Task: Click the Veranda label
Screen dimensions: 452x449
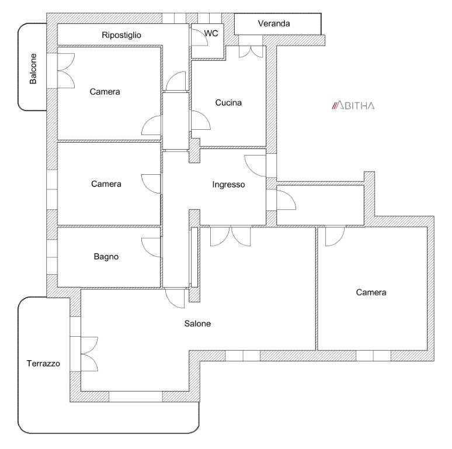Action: coord(273,23)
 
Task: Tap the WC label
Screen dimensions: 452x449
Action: coord(211,33)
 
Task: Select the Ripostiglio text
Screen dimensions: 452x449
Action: coord(121,35)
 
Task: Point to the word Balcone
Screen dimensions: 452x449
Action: coord(33,68)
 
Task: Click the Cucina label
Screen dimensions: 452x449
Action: coord(228,103)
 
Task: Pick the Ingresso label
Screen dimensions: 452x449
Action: coord(228,184)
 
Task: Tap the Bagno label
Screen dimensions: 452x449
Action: coord(106,257)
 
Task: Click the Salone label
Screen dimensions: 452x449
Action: coord(197,323)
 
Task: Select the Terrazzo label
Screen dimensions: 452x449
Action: coord(43,363)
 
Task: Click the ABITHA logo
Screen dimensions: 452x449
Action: coord(353,106)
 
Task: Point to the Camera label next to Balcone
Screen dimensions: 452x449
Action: coord(105,92)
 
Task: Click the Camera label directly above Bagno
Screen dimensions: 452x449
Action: coord(106,184)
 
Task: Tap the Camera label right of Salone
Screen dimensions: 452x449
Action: coord(371,292)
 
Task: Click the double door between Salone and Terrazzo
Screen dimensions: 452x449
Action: coord(89,354)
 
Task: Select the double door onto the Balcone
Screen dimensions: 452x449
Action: coord(66,71)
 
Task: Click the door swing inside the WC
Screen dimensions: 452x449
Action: coord(200,37)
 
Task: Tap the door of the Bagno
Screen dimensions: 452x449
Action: coord(151,247)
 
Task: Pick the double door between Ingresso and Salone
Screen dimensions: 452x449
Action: coord(230,237)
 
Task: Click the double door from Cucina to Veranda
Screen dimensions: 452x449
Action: coord(251,51)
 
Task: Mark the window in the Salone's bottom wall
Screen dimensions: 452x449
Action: coord(135,396)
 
